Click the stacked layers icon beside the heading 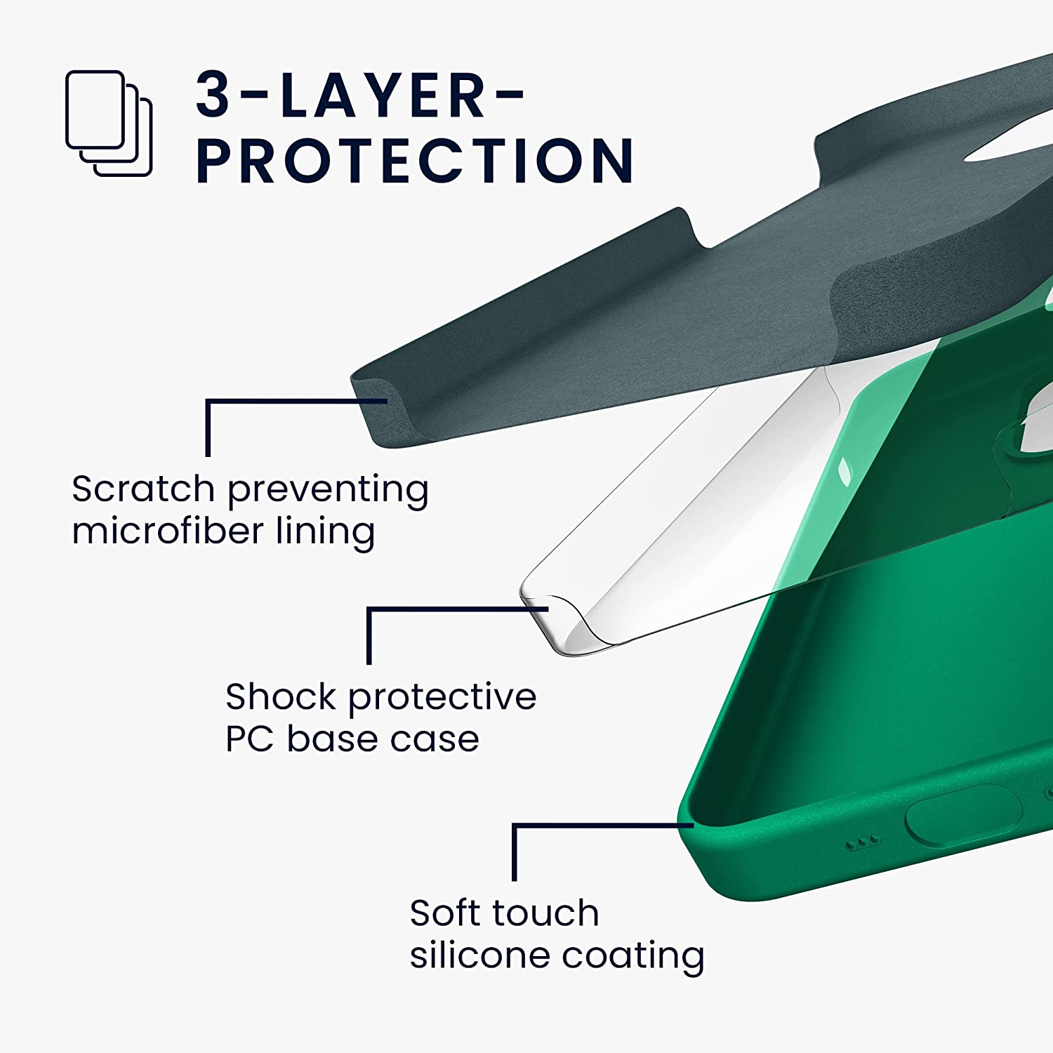click(x=109, y=123)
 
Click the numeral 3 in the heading click(x=213, y=95)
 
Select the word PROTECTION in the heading click(x=415, y=161)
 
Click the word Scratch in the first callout click(x=143, y=489)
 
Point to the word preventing click(x=328, y=491)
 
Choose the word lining click(x=325, y=532)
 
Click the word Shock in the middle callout click(x=281, y=696)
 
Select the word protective click(x=442, y=698)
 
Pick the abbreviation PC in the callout click(x=249, y=739)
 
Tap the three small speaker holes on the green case click(x=862, y=841)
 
